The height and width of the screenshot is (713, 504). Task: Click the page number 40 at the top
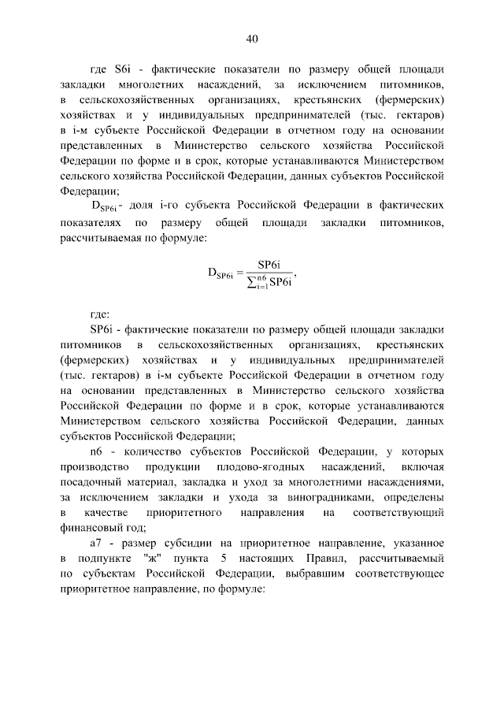(x=252, y=39)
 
